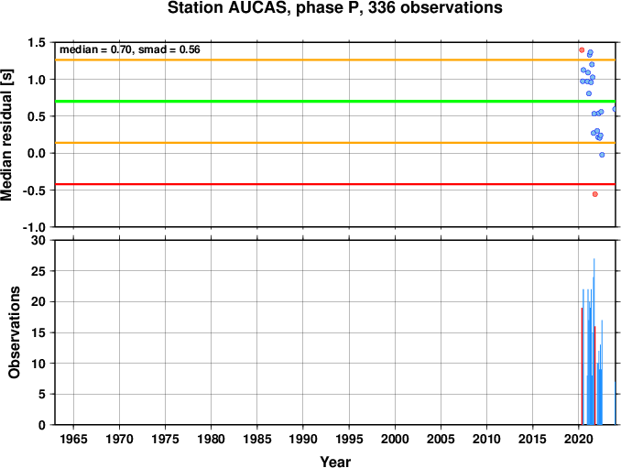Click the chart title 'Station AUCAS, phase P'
coord(261,8)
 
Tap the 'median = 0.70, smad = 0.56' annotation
coord(130,49)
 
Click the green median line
coord(335,102)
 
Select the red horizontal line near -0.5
coord(335,184)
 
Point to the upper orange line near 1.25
coord(335,60)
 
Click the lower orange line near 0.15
coord(335,143)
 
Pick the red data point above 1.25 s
coord(582,49)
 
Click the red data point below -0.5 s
coord(594,194)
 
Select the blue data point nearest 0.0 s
coord(602,155)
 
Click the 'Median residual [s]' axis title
coord(7,135)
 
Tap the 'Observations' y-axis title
coord(15,332)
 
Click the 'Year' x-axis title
coord(335,462)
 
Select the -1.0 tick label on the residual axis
coord(37,227)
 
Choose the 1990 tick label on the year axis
coord(303,439)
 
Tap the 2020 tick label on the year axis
coord(579,439)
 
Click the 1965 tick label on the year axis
coord(73,439)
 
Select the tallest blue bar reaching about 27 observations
coord(594,342)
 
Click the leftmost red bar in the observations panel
coord(582,366)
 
